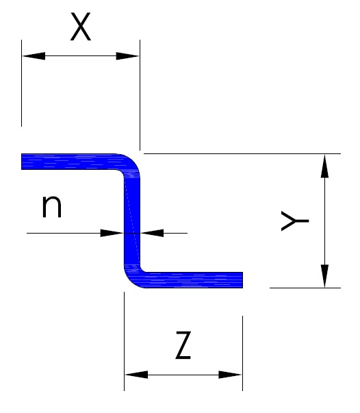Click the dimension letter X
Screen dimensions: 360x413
81,27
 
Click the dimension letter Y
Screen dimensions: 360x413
295,221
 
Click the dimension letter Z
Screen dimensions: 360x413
183,345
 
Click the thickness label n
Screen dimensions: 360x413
52,207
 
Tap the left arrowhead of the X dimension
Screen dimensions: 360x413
34,56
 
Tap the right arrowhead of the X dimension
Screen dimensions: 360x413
127,56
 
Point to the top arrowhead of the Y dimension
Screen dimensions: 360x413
324,166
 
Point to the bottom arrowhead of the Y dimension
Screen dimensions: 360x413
324,276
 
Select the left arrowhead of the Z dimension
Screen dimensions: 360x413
136,375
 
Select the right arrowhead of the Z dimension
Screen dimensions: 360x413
230,375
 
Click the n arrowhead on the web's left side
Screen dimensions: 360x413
112,233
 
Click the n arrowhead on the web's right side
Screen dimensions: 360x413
152,233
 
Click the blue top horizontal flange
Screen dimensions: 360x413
69,162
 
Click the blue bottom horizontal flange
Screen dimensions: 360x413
195,280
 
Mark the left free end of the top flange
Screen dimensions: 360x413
22,162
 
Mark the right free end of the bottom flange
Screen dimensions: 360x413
242,280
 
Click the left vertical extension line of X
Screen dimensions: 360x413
22,84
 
